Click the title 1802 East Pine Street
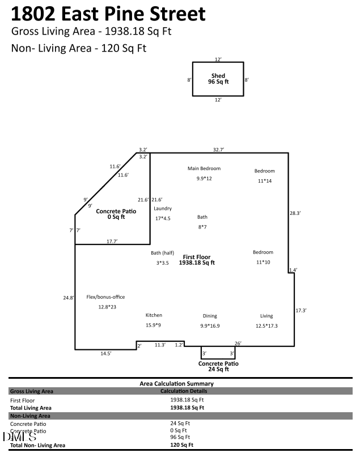click(108, 13)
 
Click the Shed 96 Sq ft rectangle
click(218, 79)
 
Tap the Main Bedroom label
click(204, 168)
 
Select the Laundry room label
click(163, 209)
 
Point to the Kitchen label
click(154, 315)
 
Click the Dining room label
click(210, 316)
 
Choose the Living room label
click(266, 316)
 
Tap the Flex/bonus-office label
click(105, 297)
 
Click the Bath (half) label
click(162, 253)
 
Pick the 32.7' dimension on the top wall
click(218, 150)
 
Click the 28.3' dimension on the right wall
click(295, 213)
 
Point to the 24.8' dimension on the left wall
click(69, 298)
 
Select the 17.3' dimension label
click(301, 310)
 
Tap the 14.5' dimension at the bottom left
click(106, 353)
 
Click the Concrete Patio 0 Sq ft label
click(116, 213)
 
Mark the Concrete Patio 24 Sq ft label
click(218, 366)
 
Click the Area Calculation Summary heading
click(176, 384)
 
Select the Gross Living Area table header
click(32, 391)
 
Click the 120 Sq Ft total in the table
click(182, 445)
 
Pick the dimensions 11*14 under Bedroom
click(264, 181)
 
